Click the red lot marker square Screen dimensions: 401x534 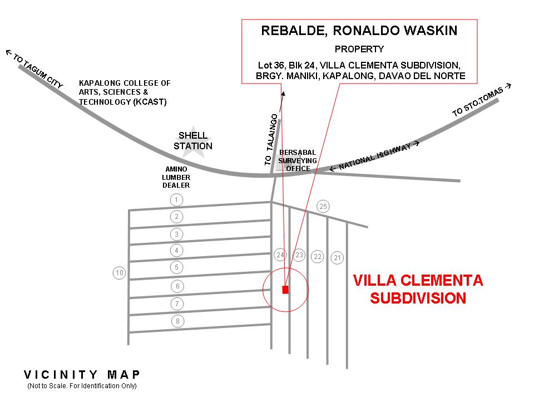tap(285, 290)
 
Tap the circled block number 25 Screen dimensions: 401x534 tap(323, 207)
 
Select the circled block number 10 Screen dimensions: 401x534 tap(119, 273)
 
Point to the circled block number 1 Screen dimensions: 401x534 tap(176, 200)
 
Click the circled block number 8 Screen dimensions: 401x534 tap(177, 321)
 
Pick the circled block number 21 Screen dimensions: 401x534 tap(338, 258)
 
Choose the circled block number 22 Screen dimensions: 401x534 tap(318, 256)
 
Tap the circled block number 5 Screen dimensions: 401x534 tap(176, 267)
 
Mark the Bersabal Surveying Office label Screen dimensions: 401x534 tap(298, 160)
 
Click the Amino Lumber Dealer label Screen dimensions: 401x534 tap(176, 177)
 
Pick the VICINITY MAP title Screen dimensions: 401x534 tap(82, 375)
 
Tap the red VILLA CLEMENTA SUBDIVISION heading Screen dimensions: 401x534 tap(418, 288)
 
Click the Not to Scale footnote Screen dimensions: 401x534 tap(82, 386)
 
